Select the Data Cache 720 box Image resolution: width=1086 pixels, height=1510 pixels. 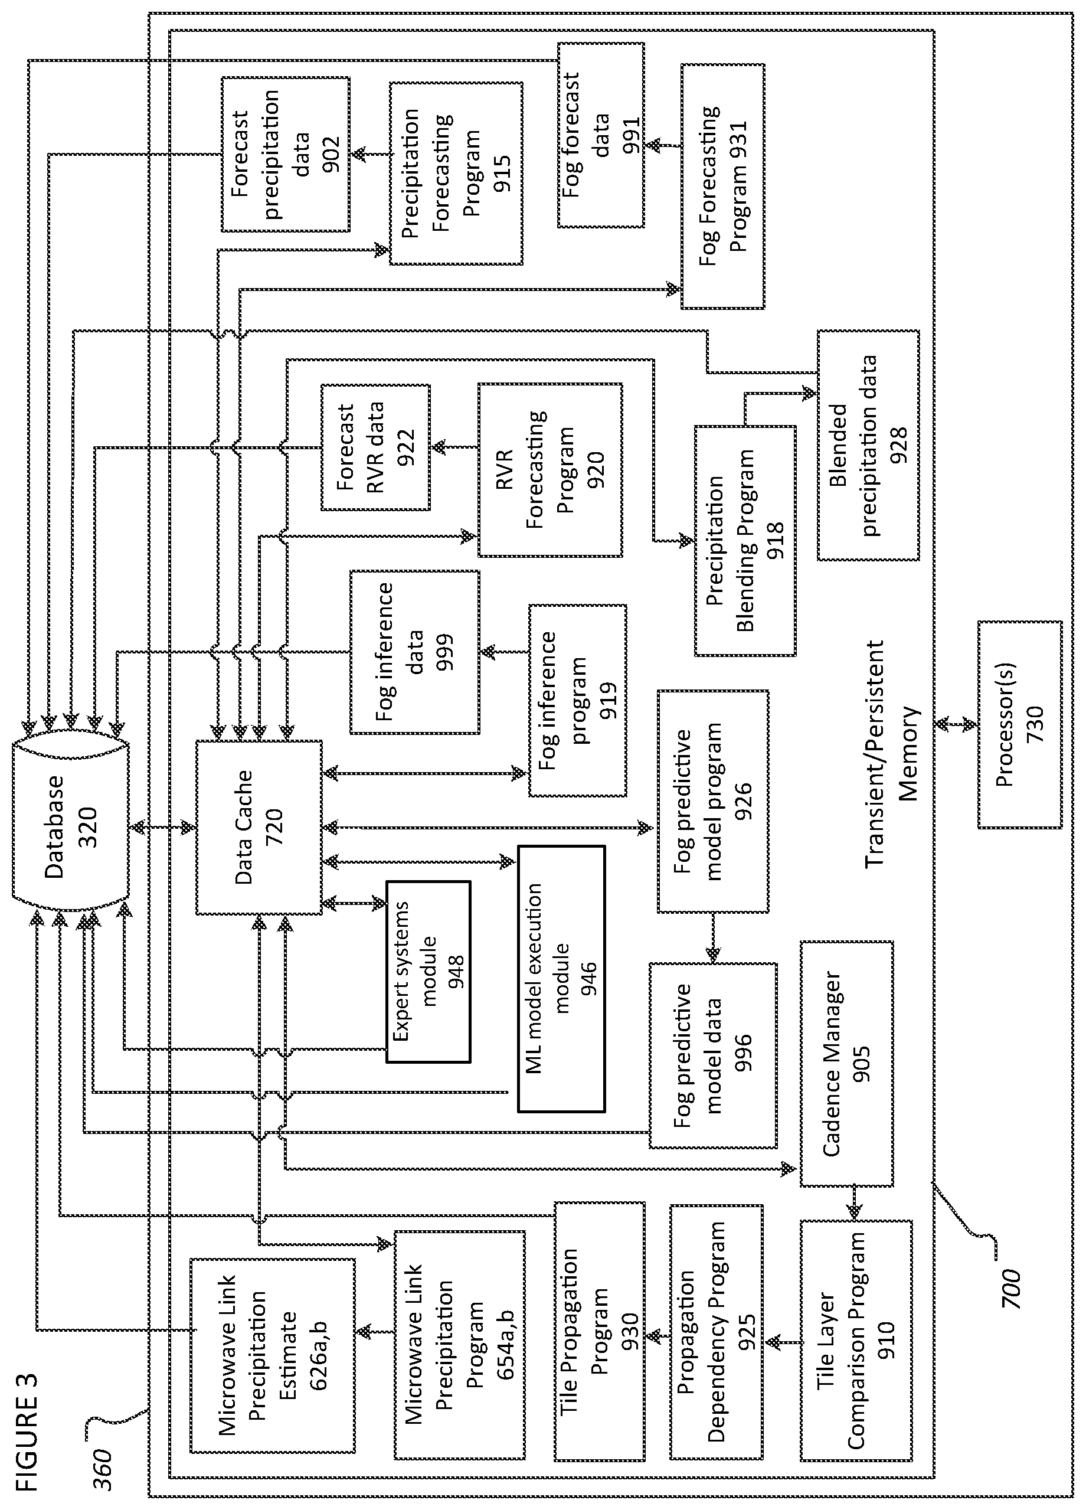(x=259, y=827)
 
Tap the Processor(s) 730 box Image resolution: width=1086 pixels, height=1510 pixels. (x=1019, y=724)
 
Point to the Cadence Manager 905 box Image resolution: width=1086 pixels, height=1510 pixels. (x=846, y=1063)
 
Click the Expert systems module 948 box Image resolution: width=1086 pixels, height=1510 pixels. (x=428, y=972)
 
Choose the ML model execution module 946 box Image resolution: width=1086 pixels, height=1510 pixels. (x=561, y=979)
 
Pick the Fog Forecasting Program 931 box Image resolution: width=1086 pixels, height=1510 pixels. (x=722, y=187)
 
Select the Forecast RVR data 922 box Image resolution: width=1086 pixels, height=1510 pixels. (x=375, y=447)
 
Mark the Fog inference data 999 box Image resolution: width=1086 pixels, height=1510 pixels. (x=414, y=652)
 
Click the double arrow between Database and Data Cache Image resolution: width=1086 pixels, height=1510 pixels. (x=162, y=828)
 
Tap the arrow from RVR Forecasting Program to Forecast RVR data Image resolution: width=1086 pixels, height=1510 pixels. (x=454, y=447)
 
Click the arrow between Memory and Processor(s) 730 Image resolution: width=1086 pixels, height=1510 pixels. (x=956, y=724)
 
